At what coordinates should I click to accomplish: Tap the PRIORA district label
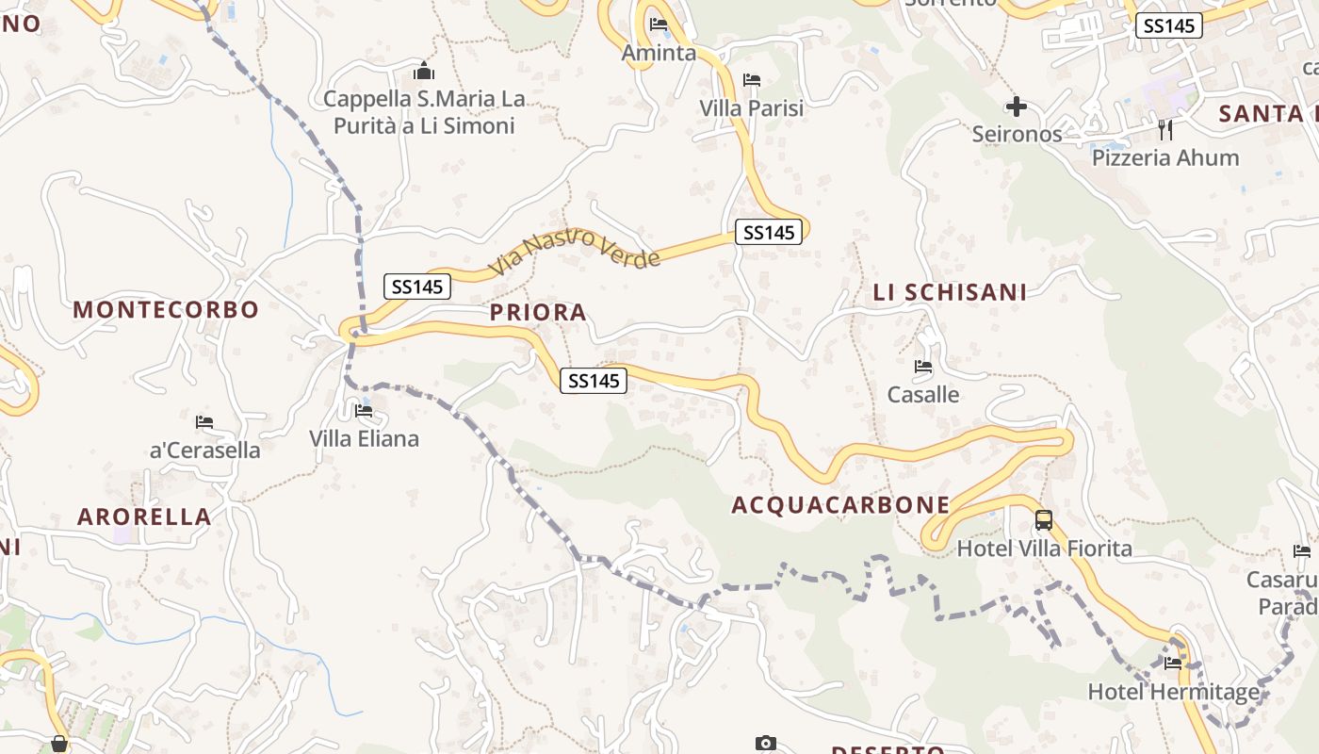point(538,313)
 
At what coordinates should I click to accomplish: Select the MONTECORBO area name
point(166,310)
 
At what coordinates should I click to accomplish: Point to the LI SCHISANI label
point(950,293)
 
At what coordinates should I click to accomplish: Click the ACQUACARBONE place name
point(840,505)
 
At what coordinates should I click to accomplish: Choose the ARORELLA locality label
point(144,516)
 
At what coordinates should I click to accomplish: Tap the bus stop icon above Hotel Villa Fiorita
point(1044,520)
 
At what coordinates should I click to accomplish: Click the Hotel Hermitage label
point(1173,693)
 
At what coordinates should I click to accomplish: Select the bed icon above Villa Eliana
point(364,411)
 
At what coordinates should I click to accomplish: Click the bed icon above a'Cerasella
point(204,421)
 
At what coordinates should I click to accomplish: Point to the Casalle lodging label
point(923,394)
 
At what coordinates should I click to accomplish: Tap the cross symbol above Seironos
point(1016,106)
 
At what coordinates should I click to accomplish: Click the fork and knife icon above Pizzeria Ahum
point(1165,129)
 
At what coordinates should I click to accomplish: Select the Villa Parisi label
point(751,108)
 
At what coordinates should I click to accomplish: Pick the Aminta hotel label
point(659,53)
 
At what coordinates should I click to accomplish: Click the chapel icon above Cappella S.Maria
point(424,72)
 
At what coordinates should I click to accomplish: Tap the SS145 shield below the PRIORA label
point(594,381)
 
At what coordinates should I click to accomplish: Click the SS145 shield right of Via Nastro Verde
point(769,232)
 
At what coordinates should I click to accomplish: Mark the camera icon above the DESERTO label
point(766,744)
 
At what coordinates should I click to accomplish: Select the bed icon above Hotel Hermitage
point(1173,664)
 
